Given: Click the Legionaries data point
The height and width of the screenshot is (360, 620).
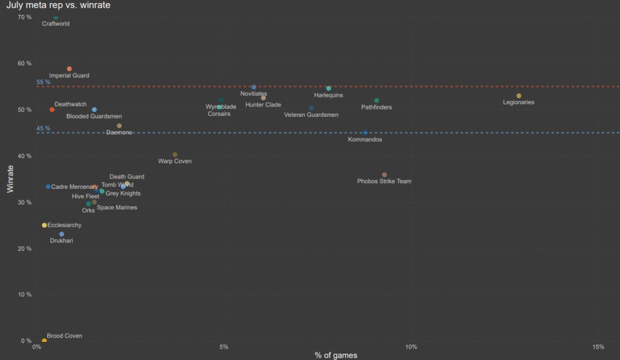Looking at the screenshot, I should [519, 96].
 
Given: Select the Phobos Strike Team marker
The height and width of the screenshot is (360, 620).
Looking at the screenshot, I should [384, 175].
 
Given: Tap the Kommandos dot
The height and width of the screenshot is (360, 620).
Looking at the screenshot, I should [365, 133].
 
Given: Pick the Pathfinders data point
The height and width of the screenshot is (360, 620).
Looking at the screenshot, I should [377, 100].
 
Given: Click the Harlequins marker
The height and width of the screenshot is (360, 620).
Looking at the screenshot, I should [329, 88].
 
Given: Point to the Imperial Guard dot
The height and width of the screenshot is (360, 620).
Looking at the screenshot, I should [69, 69].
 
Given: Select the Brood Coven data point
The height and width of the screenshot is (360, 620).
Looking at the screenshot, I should [44, 341].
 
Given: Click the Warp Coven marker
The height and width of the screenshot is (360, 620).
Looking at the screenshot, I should [175, 155].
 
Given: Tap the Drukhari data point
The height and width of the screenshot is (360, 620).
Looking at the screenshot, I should [62, 234].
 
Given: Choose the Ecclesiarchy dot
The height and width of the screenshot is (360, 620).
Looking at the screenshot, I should [44, 225].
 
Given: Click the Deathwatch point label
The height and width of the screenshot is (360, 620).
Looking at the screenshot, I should [70, 105].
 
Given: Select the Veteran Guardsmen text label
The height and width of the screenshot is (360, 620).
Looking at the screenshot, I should [311, 114].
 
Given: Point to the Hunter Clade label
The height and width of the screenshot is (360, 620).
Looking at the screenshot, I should [263, 105].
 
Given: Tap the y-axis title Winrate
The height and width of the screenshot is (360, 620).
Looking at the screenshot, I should [10, 180].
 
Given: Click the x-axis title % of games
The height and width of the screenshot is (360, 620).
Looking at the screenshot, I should [336, 355].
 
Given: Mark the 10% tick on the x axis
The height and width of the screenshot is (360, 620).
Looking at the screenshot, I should [411, 347].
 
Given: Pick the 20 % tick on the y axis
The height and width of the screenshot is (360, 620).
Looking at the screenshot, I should [24, 249].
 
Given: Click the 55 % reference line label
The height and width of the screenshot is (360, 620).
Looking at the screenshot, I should [44, 82].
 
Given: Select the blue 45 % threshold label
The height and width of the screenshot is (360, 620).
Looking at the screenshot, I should [44, 128].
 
